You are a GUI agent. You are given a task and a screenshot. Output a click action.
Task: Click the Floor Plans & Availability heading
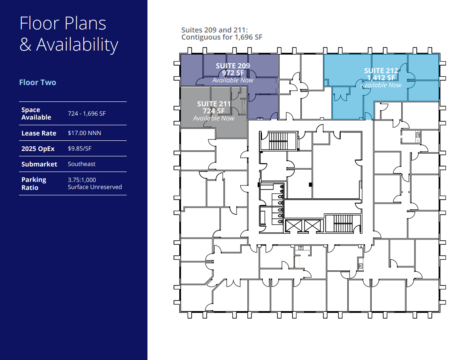69,34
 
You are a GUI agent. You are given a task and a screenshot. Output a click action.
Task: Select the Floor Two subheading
37,82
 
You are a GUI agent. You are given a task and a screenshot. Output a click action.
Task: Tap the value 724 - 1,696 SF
87,114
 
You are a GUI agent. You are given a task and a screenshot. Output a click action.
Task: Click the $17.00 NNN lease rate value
84,133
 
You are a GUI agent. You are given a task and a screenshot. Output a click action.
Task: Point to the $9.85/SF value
79,149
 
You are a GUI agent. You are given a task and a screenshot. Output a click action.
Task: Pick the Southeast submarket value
81,164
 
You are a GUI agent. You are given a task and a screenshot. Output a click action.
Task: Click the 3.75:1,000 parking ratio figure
82,180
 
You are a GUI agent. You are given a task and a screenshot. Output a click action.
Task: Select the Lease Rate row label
39,133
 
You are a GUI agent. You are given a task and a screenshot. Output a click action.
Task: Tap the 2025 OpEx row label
38,149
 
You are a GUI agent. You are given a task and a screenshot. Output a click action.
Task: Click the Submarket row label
39,164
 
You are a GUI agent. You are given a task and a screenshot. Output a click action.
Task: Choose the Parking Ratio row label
34,184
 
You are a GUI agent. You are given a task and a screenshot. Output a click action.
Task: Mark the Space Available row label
36,114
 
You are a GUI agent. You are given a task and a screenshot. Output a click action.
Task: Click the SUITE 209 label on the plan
233,66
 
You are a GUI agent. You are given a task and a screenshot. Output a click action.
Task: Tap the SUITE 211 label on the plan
214,104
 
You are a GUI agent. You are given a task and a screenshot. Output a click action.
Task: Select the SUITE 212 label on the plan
381,71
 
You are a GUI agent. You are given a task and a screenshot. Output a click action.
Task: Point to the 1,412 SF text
381,78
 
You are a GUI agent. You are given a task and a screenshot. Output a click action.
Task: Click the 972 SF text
233,73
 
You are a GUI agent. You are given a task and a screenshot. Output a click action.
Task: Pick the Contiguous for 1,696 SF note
222,37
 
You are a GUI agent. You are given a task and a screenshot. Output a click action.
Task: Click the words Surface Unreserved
95,187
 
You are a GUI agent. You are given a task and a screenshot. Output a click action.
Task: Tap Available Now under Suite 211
214,118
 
